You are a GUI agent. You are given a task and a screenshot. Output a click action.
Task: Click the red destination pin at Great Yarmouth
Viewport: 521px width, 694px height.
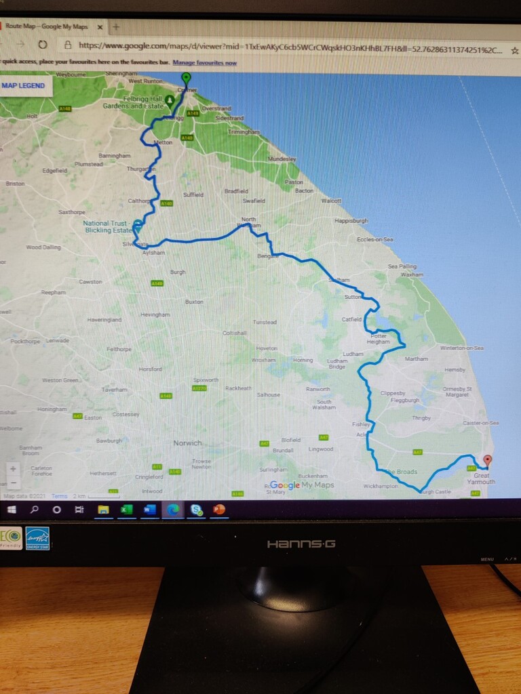(x=487, y=461)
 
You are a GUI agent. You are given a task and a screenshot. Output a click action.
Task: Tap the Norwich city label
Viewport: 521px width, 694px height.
(x=187, y=443)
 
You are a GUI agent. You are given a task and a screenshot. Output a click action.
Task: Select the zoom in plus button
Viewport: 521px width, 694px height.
(x=13, y=469)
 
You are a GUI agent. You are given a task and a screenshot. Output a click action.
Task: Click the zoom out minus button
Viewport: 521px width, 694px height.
(x=13, y=483)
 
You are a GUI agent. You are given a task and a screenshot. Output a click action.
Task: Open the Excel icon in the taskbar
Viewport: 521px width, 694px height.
(x=126, y=509)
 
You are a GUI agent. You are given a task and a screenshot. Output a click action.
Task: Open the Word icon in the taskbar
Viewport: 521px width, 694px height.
(x=150, y=509)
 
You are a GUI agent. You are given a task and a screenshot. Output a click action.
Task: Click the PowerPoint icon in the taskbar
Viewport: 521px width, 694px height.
(x=219, y=509)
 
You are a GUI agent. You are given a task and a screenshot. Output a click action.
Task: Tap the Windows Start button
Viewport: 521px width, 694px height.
(x=12, y=509)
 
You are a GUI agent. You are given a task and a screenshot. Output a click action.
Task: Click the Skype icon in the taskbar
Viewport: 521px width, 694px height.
(x=196, y=509)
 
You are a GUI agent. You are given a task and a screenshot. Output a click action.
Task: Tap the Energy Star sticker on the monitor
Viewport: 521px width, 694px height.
(x=37, y=538)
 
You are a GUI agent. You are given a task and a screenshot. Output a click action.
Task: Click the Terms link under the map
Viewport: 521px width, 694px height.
(x=60, y=496)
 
